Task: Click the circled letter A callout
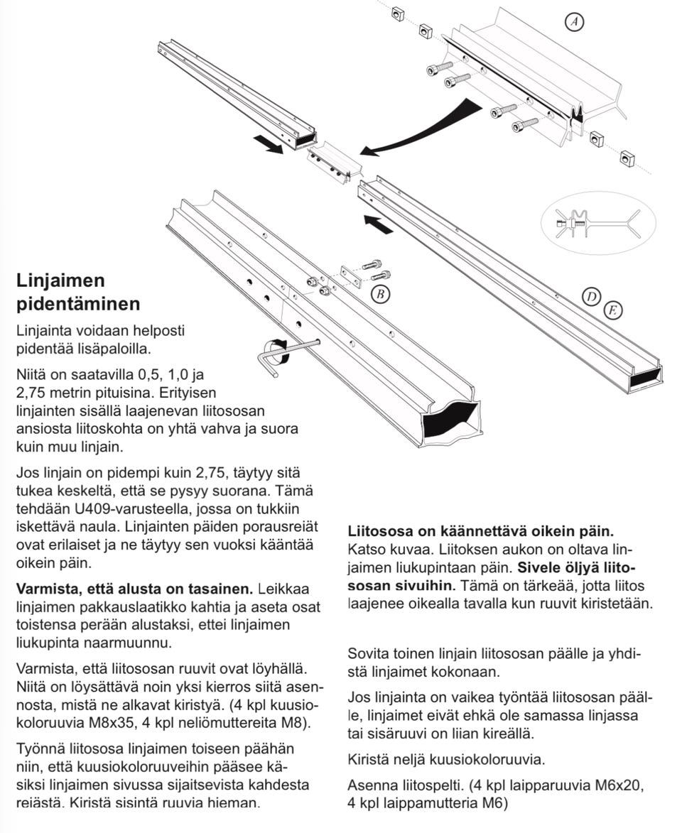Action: [x=575, y=23]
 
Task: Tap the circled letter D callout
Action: [x=591, y=298]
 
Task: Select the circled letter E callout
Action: [x=613, y=310]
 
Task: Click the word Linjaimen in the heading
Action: [x=60, y=281]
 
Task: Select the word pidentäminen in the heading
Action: [x=78, y=304]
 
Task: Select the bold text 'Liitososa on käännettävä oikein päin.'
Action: [x=481, y=531]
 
